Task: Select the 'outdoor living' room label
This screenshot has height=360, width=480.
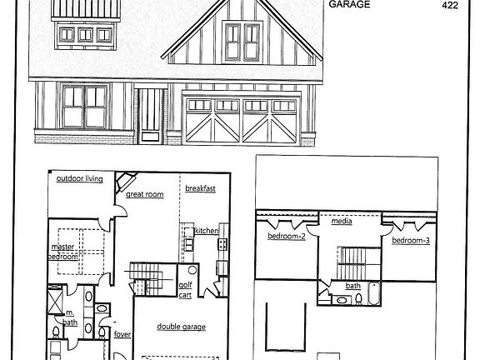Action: coord(79,179)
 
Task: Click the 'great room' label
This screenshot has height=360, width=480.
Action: coord(144,194)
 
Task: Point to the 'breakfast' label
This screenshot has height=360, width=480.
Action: coord(200,189)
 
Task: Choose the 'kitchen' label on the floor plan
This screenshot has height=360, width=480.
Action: coord(206,231)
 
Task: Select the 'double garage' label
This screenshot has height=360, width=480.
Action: coord(181,327)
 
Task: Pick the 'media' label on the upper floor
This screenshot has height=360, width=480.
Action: coord(341,222)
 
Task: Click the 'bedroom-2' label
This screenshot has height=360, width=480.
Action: coord(287,237)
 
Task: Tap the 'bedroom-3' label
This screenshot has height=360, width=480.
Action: coord(410,241)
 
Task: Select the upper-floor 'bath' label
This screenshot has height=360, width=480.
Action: coord(353,285)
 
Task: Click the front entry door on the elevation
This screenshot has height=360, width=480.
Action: coord(151,116)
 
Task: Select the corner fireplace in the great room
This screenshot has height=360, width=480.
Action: coord(126,182)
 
